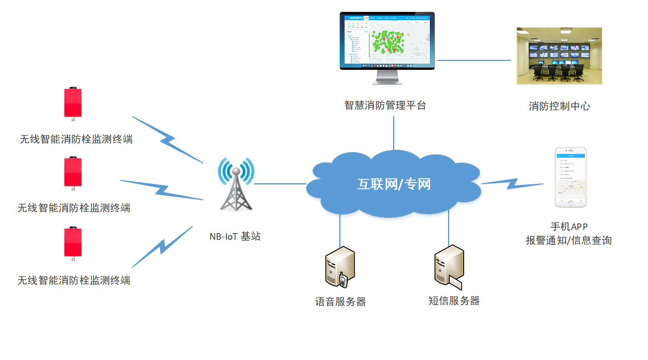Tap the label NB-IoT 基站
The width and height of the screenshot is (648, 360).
point(235,236)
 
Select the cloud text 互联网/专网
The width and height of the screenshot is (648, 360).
point(394,184)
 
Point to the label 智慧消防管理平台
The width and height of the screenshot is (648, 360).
point(385,105)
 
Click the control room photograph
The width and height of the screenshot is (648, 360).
point(559,56)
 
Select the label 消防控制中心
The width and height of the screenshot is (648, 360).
point(559,106)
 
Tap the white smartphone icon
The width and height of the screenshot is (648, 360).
point(570,177)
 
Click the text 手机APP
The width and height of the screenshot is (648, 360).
point(569,227)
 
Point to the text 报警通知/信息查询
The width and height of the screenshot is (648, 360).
point(569,241)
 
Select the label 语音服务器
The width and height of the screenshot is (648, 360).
point(340,302)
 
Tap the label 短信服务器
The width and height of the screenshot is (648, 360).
point(454,301)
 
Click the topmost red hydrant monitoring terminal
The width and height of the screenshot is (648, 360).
point(73,103)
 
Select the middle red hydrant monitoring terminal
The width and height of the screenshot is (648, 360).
point(73,172)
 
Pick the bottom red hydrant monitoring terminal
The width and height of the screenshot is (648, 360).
point(73,242)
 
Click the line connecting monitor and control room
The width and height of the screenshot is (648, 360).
point(473,60)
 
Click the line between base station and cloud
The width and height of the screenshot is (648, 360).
point(280,183)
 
